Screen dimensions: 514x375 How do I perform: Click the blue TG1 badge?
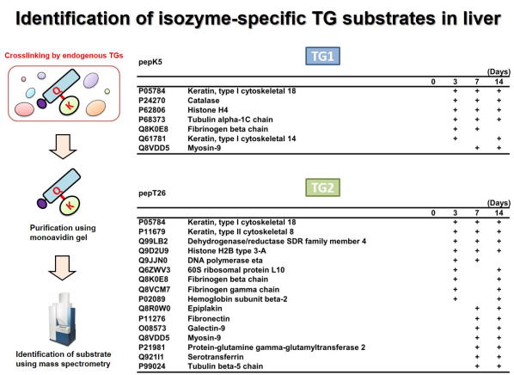[x=322, y=56]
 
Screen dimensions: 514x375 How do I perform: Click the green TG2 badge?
[x=322, y=187]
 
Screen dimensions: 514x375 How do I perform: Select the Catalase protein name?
[x=203, y=101]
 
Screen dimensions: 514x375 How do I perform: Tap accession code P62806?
[x=152, y=110]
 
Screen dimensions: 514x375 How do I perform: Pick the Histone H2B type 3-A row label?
[x=227, y=251]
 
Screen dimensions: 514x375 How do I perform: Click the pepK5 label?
[x=150, y=62]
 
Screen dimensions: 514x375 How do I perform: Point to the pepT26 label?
[x=152, y=194]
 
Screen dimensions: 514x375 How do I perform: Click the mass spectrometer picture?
[x=63, y=320]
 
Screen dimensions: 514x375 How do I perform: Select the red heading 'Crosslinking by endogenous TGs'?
[x=64, y=55]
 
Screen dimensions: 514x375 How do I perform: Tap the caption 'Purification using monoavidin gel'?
[x=63, y=232]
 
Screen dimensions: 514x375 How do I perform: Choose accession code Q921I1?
[x=151, y=357]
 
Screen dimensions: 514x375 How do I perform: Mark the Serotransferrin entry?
[x=216, y=357]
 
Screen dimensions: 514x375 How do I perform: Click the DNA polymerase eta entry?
[x=225, y=261]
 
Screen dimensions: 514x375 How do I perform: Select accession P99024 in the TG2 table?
[x=152, y=366]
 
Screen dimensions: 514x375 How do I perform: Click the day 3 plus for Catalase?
[x=455, y=101]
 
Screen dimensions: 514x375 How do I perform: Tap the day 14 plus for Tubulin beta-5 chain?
[x=499, y=366]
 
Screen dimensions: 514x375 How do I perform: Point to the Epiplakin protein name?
[x=205, y=309]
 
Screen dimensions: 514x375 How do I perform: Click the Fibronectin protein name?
[x=209, y=318]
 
